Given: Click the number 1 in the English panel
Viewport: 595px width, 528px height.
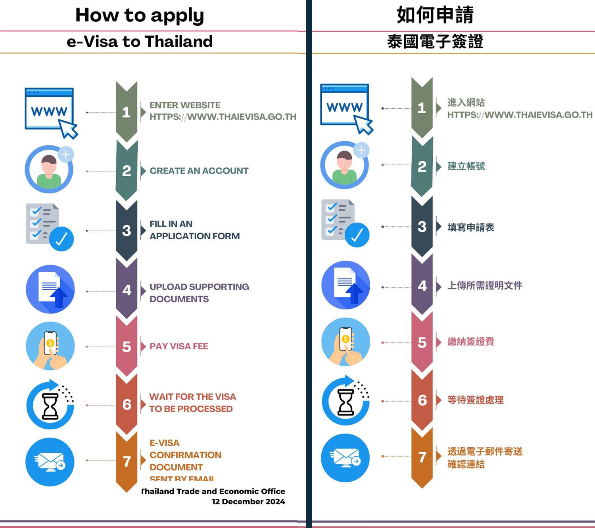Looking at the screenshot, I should pyautogui.click(x=126, y=112).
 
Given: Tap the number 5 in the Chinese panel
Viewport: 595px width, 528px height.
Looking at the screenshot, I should pyautogui.click(x=422, y=343).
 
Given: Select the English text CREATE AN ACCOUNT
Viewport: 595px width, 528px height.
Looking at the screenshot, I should pyautogui.click(x=199, y=171).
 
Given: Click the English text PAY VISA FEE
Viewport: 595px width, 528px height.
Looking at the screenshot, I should pyautogui.click(x=178, y=346).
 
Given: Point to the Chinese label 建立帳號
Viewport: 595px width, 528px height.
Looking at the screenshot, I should pyautogui.click(x=466, y=166).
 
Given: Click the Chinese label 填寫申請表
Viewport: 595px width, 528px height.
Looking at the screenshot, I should pyautogui.click(x=470, y=227).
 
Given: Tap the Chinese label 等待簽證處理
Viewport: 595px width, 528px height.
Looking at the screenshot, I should pyautogui.click(x=475, y=400).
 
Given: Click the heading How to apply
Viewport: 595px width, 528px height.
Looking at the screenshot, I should pyautogui.click(x=140, y=16).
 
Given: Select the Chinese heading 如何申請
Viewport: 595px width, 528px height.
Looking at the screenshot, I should pyautogui.click(x=435, y=15).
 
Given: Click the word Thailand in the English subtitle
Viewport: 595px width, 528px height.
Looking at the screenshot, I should pyautogui.click(x=178, y=42).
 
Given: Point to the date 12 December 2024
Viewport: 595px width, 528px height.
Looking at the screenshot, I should pyautogui.click(x=248, y=501).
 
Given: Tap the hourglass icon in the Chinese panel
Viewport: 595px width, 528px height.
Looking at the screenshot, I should pyautogui.click(x=345, y=401).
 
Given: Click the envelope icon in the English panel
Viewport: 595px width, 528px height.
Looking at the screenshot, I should pyautogui.click(x=50, y=461).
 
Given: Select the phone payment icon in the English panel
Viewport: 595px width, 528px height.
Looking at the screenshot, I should pyautogui.click(x=50, y=346).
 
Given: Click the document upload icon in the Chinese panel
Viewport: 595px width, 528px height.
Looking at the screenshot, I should pyautogui.click(x=345, y=285).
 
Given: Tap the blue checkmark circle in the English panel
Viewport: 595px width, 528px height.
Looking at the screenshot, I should pyautogui.click(x=61, y=239).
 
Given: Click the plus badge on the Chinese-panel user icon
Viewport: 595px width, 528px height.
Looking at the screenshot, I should pyautogui.click(x=361, y=150).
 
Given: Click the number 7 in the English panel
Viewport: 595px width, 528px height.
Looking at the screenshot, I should pyautogui.click(x=127, y=461).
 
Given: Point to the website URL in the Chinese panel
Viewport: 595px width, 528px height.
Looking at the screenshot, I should pyautogui.click(x=520, y=115).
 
